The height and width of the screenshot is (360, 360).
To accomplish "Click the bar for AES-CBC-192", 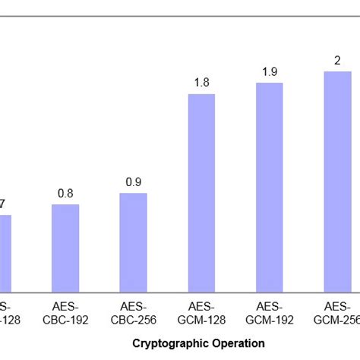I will pos(65,248).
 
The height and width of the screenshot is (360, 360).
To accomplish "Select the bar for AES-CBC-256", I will pos(133,242).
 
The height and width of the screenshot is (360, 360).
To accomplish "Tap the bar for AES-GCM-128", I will pos(201,193).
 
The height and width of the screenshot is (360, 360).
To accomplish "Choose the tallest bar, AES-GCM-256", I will pos(337,182).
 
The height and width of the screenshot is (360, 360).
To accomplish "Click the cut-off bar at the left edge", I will pos(5,253).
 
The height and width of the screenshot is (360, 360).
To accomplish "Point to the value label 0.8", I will pos(65,194).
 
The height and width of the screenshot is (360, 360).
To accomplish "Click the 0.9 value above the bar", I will pos(133,182).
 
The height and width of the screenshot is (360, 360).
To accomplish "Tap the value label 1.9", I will pos(269,72).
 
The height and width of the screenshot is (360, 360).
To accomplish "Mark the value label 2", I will pos(337,61).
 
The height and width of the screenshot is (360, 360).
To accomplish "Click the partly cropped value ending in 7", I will pos(3,204).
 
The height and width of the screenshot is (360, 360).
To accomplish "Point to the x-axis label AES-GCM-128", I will pos(201,314).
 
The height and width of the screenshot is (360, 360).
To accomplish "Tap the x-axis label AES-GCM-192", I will pos(269,314).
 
